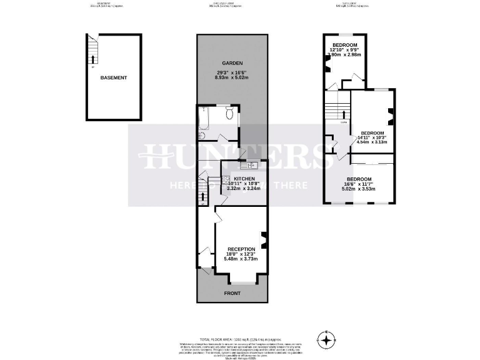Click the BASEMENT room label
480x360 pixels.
click(x=113, y=78)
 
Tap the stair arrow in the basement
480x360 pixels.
click(x=92, y=60)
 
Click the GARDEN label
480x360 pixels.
click(x=232, y=64)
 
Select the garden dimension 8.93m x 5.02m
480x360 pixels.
click(x=232, y=77)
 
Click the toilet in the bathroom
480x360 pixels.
click(x=229, y=113)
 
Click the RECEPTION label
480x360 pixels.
click(x=241, y=248)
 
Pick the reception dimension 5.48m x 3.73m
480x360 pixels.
click(x=241, y=259)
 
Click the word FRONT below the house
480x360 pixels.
click(x=232, y=293)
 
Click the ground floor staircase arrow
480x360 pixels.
click(x=202, y=197)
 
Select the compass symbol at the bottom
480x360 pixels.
click(x=325, y=341)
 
